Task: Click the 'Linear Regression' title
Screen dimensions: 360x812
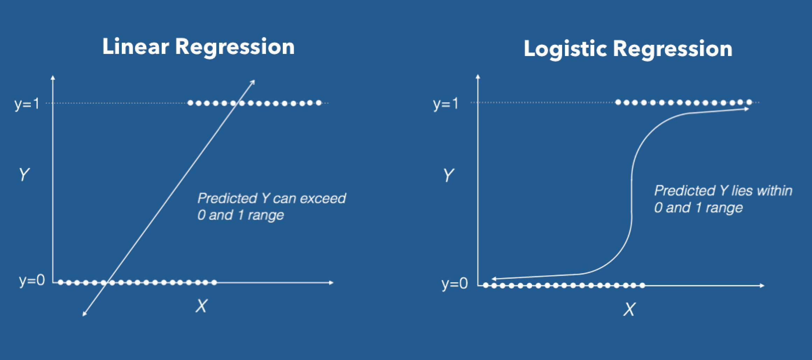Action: pyautogui.click(x=198, y=47)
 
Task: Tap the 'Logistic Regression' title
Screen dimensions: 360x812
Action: pyautogui.click(x=628, y=49)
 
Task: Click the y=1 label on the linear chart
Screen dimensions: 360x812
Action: pyautogui.click(x=27, y=104)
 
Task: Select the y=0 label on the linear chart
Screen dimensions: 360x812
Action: pyautogui.click(x=32, y=280)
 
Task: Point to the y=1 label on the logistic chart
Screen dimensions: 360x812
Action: pyautogui.click(x=445, y=104)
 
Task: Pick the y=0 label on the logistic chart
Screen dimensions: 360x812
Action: pyautogui.click(x=454, y=283)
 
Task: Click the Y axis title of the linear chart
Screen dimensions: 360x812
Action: pyautogui.click(x=24, y=174)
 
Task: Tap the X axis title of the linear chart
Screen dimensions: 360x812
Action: pyautogui.click(x=201, y=306)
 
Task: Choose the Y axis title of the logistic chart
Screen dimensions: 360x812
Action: pyautogui.click(x=448, y=175)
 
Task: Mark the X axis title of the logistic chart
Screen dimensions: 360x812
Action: pyautogui.click(x=629, y=309)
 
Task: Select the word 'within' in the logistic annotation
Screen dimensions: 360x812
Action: pyautogui.click(x=774, y=191)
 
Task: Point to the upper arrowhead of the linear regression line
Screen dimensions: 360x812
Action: pyautogui.click(x=253, y=82)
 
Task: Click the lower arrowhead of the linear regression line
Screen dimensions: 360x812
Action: pyautogui.click(x=84, y=314)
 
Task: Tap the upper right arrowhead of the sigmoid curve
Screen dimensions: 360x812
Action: pyautogui.click(x=747, y=109)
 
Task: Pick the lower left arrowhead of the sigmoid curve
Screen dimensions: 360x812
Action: pyautogui.click(x=493, y=279)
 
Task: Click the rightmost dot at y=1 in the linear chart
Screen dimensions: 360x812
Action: pyautogui.click(x=318, y=103)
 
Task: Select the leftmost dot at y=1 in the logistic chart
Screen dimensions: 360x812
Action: pyautogui.click(x=618, y=102)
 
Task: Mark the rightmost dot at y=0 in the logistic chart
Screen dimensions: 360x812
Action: pyautogui.click(x=642, y=286)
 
